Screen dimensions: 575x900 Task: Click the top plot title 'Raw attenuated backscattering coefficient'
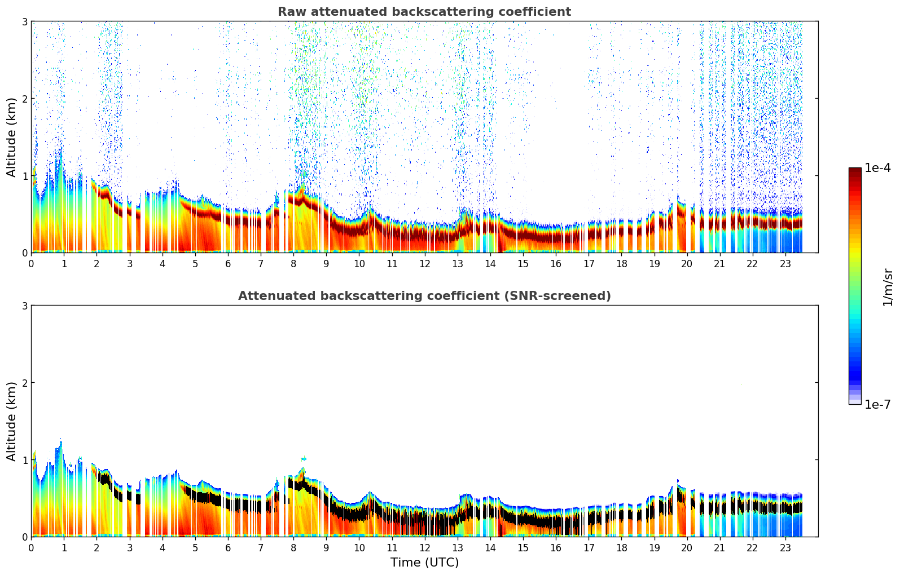coord(424,12)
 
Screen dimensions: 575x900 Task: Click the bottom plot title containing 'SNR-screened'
coord(424,296)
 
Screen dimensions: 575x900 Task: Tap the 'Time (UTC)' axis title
coord(424,563)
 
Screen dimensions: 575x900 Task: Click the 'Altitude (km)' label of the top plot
coord(11,137)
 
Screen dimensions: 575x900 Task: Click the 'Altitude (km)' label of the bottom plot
coord(11,421)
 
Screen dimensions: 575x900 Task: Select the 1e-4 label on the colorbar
coord(877,168)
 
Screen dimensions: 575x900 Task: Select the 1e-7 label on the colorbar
coord(877,404)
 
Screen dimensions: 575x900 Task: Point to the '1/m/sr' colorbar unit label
coord(888,287)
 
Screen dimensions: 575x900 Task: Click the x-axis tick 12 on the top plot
coord(424,263)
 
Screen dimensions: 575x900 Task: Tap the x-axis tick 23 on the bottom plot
coord(785,547)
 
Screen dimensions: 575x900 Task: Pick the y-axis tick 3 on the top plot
coord(24,21)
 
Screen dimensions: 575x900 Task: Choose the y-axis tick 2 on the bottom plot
coord(24,383)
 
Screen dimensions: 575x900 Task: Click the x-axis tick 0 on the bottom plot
coord(31,547)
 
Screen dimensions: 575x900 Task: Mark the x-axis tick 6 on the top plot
coord(228,263)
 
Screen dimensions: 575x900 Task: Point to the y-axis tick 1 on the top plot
coord(24,176)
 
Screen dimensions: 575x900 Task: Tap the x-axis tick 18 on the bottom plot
coord(621,547)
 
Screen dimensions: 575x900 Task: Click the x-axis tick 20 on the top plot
coord(687,263)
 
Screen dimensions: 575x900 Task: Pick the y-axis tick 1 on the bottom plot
coord(24,460)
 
